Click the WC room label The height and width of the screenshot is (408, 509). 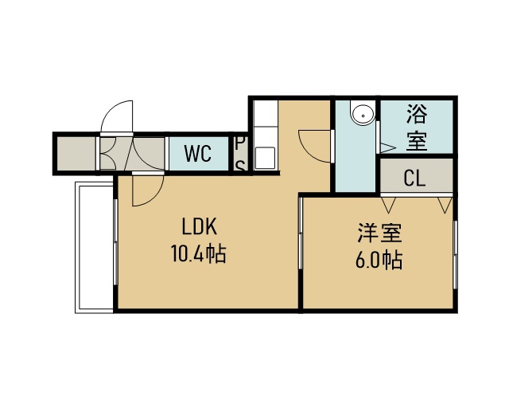198,154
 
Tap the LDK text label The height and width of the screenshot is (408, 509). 200,226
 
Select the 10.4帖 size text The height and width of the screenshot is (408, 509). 198,253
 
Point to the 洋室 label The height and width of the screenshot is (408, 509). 380,233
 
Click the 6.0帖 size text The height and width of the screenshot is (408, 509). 379,260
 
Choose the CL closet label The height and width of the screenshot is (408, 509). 414,178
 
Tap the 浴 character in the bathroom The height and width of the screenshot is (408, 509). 417,114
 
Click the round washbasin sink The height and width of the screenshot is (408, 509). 363,114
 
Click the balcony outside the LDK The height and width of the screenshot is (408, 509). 94,247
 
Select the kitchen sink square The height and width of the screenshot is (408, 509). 265,158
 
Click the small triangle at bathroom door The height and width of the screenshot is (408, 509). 387,147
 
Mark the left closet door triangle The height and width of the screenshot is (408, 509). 389,205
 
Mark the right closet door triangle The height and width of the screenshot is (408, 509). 445,205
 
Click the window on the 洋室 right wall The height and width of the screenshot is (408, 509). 455,255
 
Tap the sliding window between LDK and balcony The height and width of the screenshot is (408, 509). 115,241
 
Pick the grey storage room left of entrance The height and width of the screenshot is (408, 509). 76,153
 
